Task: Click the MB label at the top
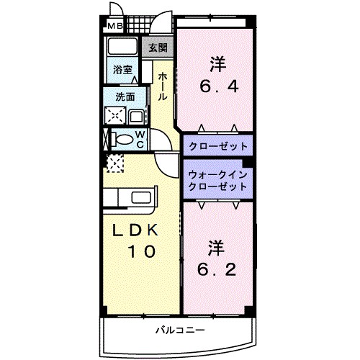coord(114,28)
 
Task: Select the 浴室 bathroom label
coord(122,70)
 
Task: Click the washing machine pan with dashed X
coord(115,116)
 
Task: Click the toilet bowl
coord(123,140)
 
